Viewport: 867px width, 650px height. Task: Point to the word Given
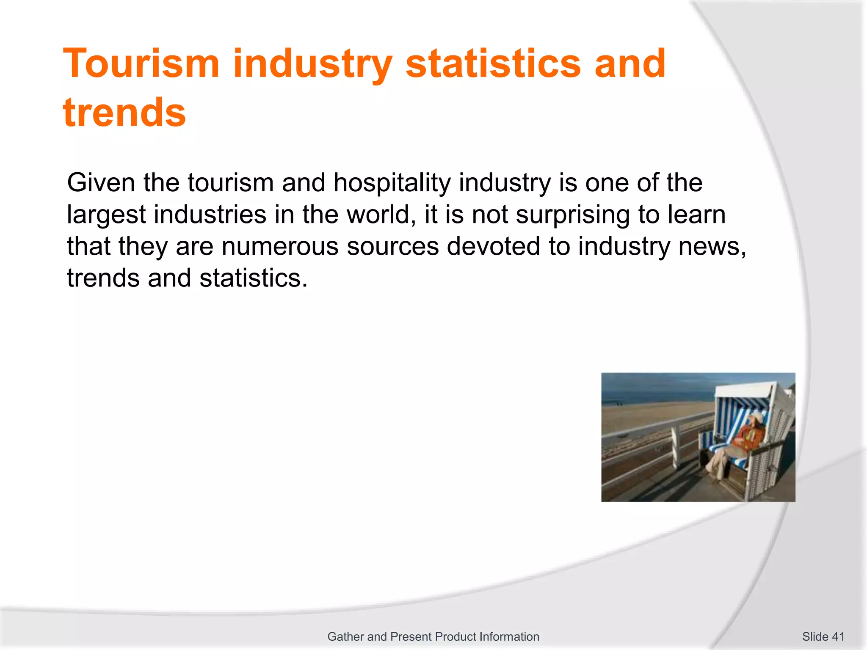tap(101, 183)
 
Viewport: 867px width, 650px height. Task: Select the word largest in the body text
tap(106, 215)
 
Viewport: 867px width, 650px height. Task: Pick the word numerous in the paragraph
tap(280, 246)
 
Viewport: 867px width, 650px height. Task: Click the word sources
tap(393, 246)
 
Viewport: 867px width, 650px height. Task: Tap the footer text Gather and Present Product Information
tap(433, 636)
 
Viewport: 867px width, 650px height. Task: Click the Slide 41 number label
tap(823, 636)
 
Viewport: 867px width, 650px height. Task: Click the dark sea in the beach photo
tap(652, 394)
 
